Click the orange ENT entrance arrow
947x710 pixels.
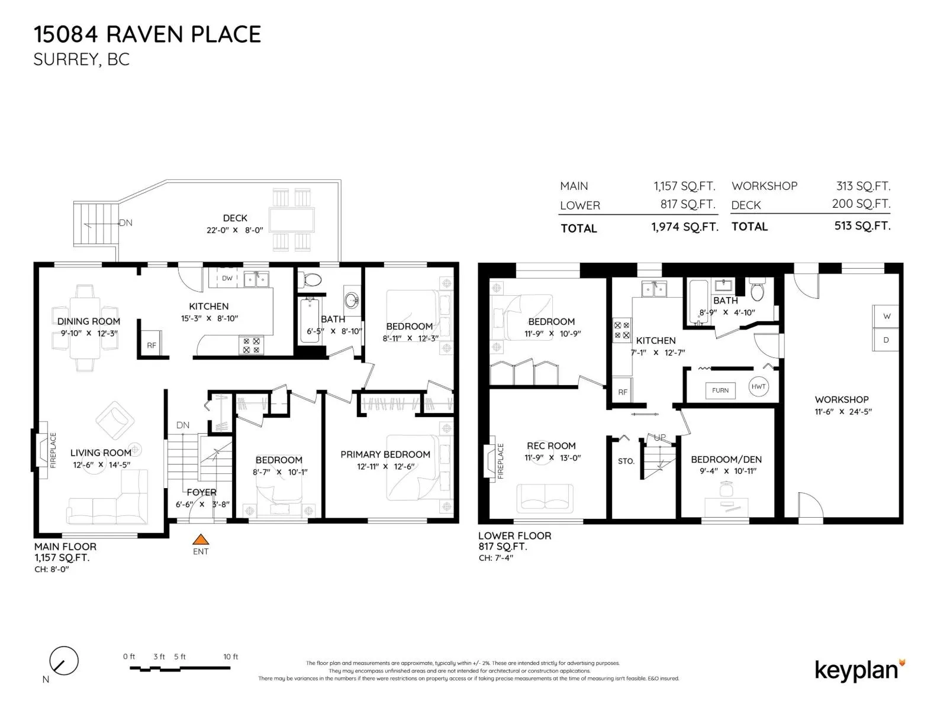pyautogui.click(x=200, y=539)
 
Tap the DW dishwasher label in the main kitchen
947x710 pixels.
pyautogui.click(x=227, y=278)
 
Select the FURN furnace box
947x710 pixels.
pyautogui.click(x=720, y=390)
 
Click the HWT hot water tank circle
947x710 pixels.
pyautogui.click(x=758, y=386)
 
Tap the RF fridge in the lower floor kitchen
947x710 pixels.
pyautogui.click(x=622, y=390)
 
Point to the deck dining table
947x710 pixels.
pyautogui.click(x=292, y=220)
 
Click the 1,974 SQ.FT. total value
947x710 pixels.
pyautogui.click(x=685, y=227)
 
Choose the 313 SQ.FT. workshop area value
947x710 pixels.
pyautogui.click(x=863, y=186)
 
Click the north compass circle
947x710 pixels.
pyautogui.click(x=64, y=661)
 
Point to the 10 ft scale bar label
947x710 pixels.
pyautogui.click(x=230, y=657)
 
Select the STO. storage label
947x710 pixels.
pyautogui.click(x=626, y=461)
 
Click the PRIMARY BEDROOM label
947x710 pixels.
pyautogui.click(x=385, y=454)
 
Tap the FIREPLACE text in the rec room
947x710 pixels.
pyautogui.click(x=501, y=461)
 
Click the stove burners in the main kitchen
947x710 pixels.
pyautogui.click(x=251, y=346)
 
